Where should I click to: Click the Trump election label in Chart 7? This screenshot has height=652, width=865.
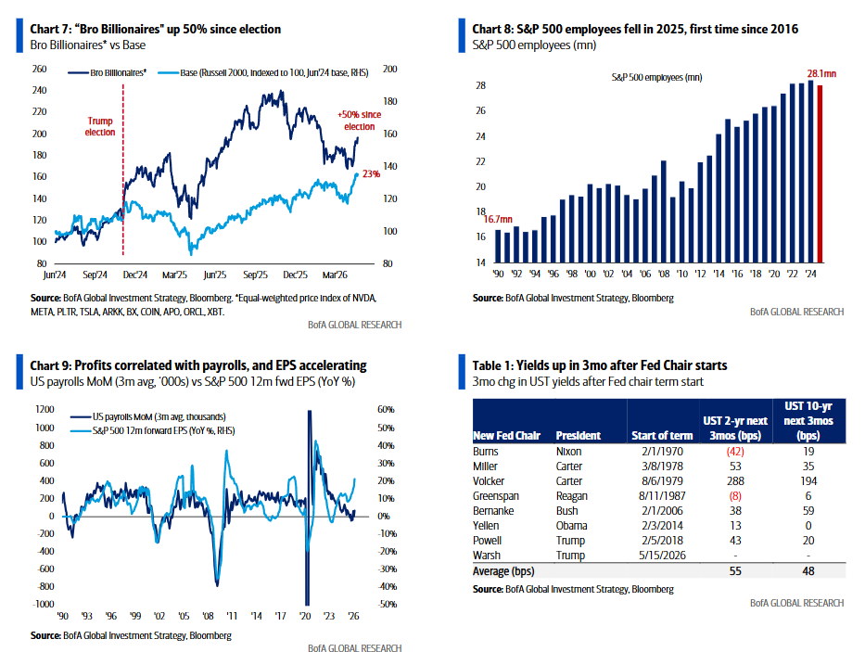point(101,126)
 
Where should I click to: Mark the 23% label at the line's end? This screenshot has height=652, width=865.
point(371,173)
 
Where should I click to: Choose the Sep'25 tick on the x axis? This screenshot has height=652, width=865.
point(255,275)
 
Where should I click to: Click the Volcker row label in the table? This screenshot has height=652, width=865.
point(490,481)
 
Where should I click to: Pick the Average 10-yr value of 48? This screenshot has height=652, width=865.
point(808,571)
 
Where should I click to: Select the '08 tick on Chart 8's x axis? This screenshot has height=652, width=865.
point(663,275)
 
